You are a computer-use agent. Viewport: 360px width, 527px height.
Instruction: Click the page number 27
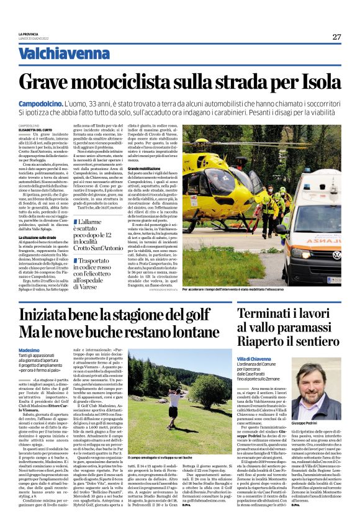[x=336, y=37]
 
